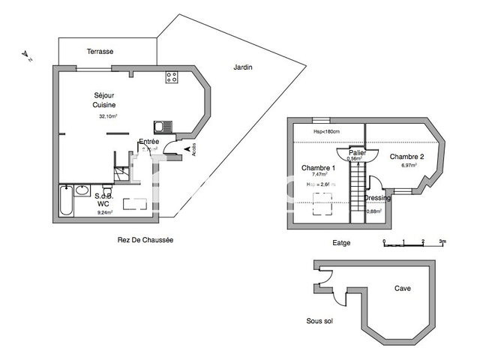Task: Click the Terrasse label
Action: [100, 51]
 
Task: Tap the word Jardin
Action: [243, 67]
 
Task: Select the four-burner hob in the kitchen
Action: [172, 76]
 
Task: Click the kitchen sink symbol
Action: [160, 127]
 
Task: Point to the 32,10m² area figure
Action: [108, 116]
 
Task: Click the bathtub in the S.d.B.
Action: [64, 203]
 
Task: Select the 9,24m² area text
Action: [104, 212]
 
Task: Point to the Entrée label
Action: [148, 142]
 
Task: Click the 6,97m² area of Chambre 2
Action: [408, 165]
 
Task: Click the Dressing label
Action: [376, 198]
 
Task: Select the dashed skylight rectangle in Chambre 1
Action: [323, 202]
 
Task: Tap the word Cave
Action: [403, 288]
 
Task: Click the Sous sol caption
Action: [319, 321]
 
